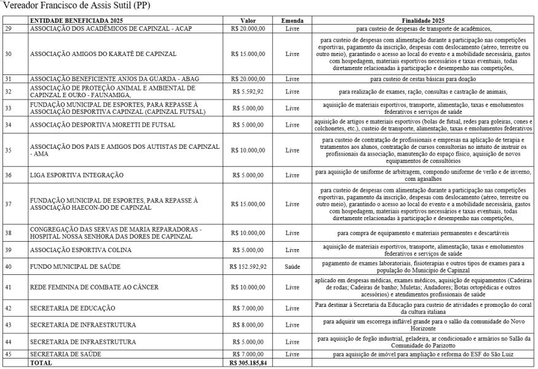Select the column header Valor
tap(248, 20)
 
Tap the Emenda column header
tap(293, 20)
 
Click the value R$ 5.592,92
tap(248, 92)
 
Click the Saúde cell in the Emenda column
tap(293, 266)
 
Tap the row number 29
tap(8, 29)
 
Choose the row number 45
tap(8, 354)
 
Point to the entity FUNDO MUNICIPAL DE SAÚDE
tap(75, 266)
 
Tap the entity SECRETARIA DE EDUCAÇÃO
tap(73, 307)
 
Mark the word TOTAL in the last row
tap(41, 363)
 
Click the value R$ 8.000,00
tap(248, 325)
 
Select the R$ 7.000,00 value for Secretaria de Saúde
tap(248, 354)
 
